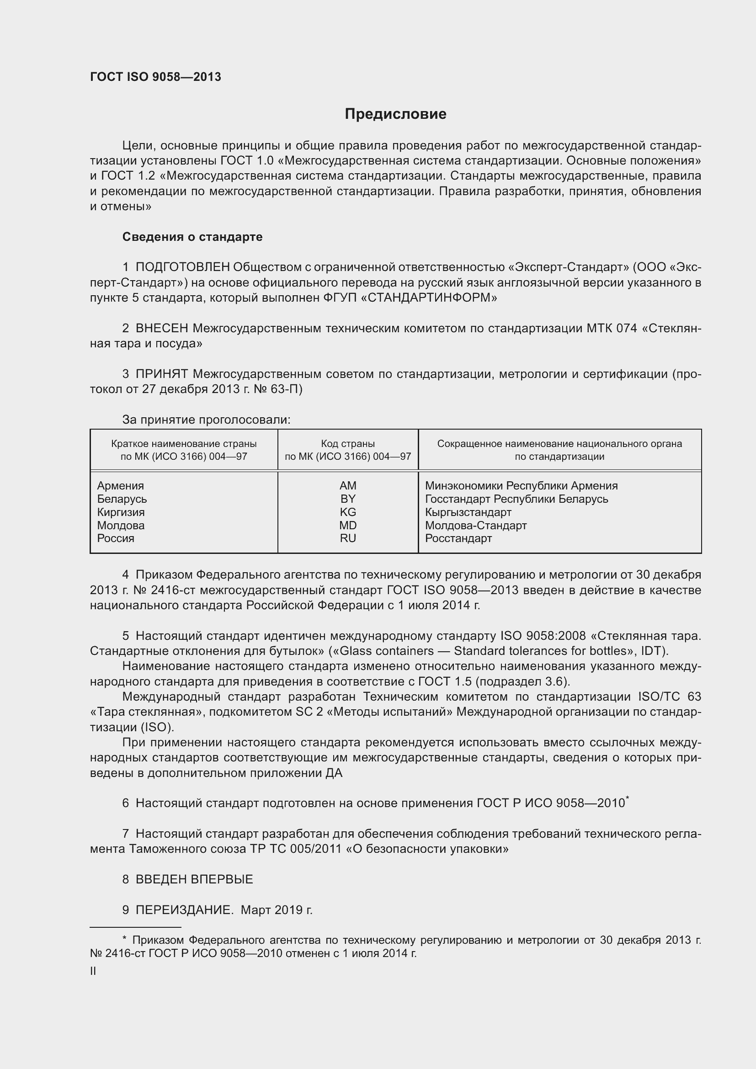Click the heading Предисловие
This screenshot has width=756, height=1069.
tap(395, 114)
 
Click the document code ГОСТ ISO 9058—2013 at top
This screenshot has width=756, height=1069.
tap(155, 77)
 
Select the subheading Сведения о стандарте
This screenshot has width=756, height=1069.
tap(192, 237)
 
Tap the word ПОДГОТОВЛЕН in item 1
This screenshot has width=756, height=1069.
tap(182, 267)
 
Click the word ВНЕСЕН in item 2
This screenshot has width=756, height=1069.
tap(161, 328)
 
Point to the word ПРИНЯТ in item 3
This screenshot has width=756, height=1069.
tap(161, 374)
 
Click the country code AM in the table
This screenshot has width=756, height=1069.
tap(348, 486)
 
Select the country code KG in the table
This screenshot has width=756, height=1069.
tap(348, 512)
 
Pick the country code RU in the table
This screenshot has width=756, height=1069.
tap(348, 538)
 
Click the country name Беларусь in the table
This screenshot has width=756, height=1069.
tap(122, 499)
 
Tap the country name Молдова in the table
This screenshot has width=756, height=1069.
tap(121, 525)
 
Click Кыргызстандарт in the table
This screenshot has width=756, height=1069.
tap(468, 512)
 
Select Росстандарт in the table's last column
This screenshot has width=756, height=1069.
tap(458, 538)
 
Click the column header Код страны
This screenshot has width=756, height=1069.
tap(348, 444)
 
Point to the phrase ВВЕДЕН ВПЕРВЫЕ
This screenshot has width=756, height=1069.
tap(194, 879)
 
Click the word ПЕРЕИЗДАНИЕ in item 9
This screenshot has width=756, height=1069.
tap(184, 909)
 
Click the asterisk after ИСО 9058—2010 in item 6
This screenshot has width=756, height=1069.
tap(628, 798)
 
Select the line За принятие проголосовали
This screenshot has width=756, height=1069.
tap(206, 420)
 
